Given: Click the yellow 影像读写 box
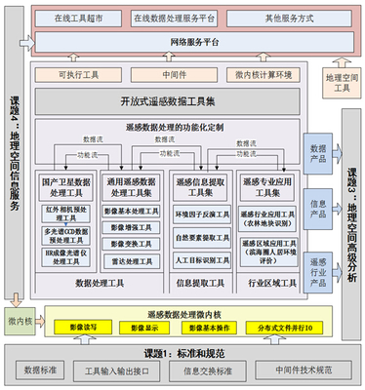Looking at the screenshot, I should [x=85, y=329].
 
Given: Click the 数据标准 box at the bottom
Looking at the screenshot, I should [x=42, y=370].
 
